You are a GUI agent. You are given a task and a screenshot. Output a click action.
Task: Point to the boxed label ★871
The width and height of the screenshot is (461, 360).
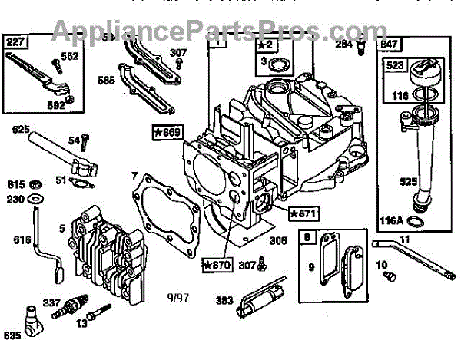pyautogui.click(x=303, y=212)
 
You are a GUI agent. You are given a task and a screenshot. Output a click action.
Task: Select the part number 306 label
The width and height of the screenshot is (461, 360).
pyautogui.click(x=279, y=240)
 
